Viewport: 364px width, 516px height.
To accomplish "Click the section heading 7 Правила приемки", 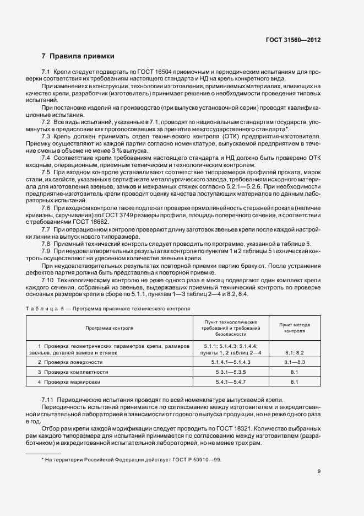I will click(78, 56).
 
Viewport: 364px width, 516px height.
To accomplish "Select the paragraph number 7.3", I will click(46, 136).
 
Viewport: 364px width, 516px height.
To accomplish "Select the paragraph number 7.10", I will click(48, 280).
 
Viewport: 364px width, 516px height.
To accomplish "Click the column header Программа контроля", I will click(109, 327).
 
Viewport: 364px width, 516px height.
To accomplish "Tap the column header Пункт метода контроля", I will click(294, 328).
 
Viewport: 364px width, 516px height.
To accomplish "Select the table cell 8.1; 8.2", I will click(294, 352).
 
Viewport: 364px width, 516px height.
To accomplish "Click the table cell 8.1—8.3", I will click(294, 362).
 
